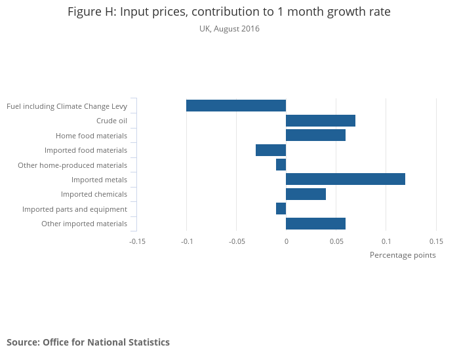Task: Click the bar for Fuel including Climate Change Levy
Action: pyautogui.click(x=236, y=106)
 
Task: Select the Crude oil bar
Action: pyautogui.click(x=321, y=121)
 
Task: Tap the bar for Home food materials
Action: pyautogui.click(x=315, y=135)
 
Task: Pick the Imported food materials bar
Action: pyautogui.click(x=271, y=150)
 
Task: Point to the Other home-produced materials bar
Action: pyautogui.click(x=281, y=165)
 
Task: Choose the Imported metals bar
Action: pyautogui.click(x=346, y=179)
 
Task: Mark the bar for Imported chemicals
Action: pyautogui.click(x=306, y=194)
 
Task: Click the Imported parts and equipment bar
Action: pyautogui.click(x=281, y=209)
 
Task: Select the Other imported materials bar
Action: pyautogui.click(x=315, y=224)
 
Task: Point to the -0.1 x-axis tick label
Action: pyautogui.click(x=187, y=241)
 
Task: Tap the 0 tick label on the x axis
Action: pyautogui.click(x=287, y=241)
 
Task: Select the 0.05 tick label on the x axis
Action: pyautogui.click(x=336, y=241)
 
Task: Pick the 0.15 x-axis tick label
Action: pyautogui.click(x=436, y=241)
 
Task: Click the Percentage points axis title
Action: pyautogui.click(x=403, y=255)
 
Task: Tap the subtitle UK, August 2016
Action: pyautogui.click(x=229, y=29)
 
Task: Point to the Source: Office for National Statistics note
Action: pyautogui.click(x=88, y=342)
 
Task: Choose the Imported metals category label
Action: pyautogui.click(x=99, y=180)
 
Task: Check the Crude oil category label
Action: pyautogui.click(x=111, y=121)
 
